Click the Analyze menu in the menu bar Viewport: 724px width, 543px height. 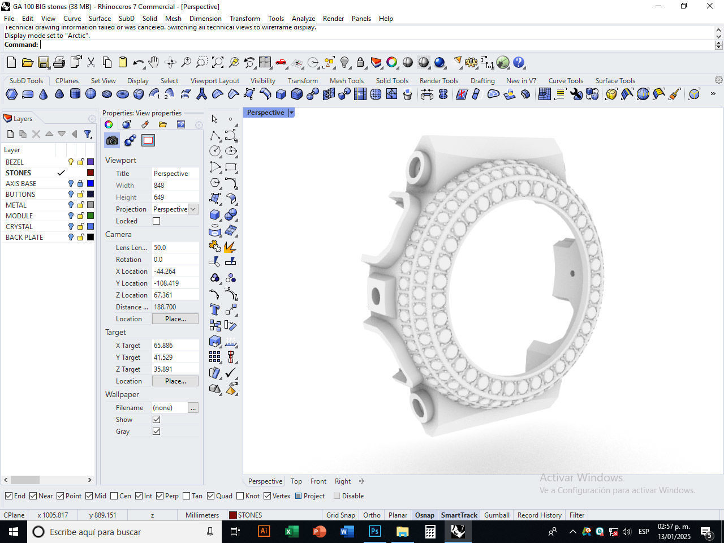click(x=303, y=19)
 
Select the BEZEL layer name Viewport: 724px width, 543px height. click(x=15, y=162)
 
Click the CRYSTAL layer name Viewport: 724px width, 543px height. click(x=19, y=227)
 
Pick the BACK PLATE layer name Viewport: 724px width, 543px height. click(x=24, y=238)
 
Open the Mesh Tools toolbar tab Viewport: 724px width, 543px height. click(x=346, y=81)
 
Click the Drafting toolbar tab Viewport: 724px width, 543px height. click(x=482, y=81)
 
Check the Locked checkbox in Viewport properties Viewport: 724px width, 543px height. click(x=157, y=221)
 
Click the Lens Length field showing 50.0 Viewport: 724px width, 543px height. click(x=175, y=248)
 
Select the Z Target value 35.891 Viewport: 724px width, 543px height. click(x=175, y=369)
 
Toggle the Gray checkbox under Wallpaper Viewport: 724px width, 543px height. click(x=157, y=432)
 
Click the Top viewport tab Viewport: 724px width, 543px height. click(x=296, y=481)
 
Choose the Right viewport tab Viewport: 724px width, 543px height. click(x=342, y=481)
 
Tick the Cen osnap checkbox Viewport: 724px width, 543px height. click(x=114, y=496)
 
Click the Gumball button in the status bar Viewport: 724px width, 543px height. click(x=497, y=515)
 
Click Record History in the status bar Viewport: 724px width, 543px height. click(x=539, y=515)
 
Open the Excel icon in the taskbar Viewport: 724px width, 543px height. click(x=291, y=532)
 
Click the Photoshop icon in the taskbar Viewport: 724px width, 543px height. click(x=374, y=532)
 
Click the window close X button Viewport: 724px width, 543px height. click(x=710, y=6)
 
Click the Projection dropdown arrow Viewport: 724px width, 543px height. click(x=193, y=209)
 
